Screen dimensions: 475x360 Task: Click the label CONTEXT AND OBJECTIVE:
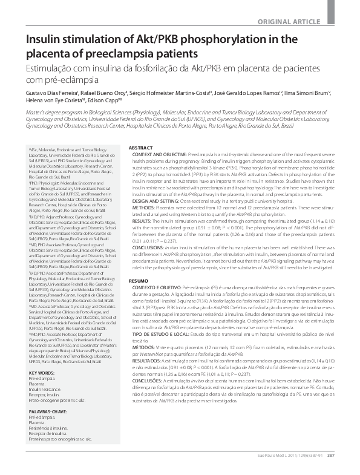[x=157, y=155]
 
